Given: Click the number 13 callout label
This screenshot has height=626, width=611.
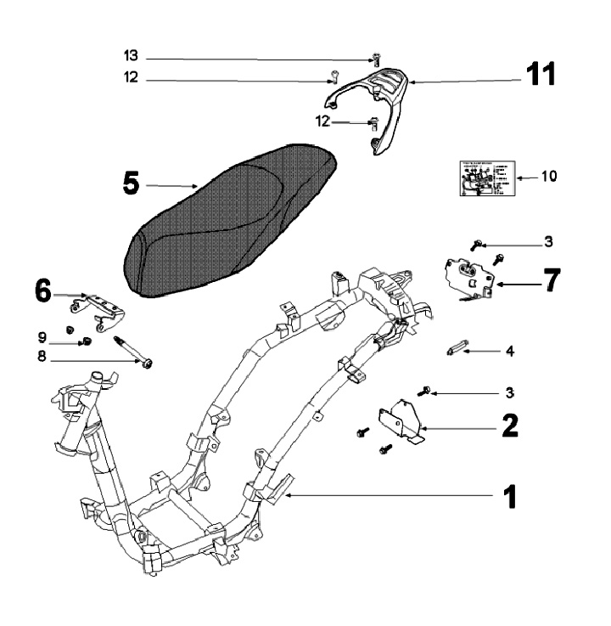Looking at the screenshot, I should pos(130,57).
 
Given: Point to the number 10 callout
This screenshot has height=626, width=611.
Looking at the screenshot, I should pos(548,177).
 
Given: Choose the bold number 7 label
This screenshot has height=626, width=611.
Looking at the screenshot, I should pos(552,280).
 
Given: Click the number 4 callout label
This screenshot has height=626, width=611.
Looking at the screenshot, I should pos(533,349).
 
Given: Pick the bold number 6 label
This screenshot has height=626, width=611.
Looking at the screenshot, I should pos(42,290).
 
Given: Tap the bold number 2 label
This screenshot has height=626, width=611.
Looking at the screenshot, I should pos(509,424).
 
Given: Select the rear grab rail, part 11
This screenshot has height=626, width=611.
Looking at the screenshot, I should pos(382,98).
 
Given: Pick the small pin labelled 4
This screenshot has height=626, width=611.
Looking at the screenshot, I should pos(457,349).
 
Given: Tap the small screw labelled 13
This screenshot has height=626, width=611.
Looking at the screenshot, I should pos(373,59).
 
